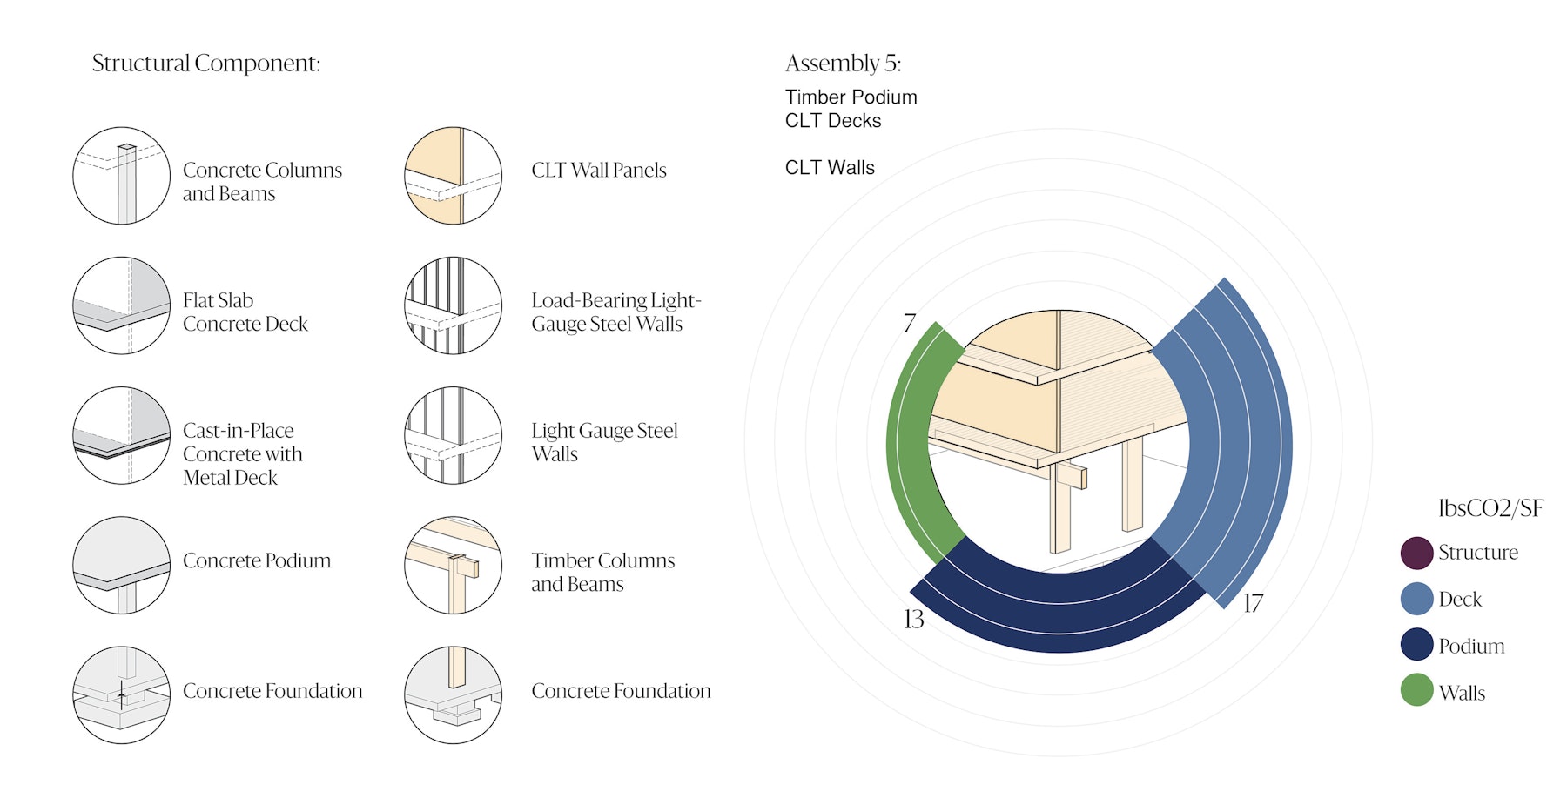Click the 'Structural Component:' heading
pos(206,64)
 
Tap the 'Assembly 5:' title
pos(843,64)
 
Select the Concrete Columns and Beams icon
pos(121,176)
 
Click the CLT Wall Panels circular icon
pos(453,176)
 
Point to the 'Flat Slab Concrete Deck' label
pos(245,312)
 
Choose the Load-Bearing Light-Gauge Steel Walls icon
pos(453,305)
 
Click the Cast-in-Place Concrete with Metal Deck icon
pos(121,435)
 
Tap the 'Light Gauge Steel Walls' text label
pos(604,442)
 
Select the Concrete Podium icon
pos(121,565)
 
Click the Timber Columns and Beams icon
pos(453,565)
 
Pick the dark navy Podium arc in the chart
pos(1058,609)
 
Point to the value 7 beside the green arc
pos(909,323)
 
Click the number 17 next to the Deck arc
pos(1253,603)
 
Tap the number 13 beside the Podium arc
pos(913,619)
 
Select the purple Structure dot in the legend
pos(1416,553)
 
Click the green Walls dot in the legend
pos(1416,690)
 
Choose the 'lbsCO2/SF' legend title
pos(1490,508)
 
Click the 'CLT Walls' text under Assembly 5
pos(830,168)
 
